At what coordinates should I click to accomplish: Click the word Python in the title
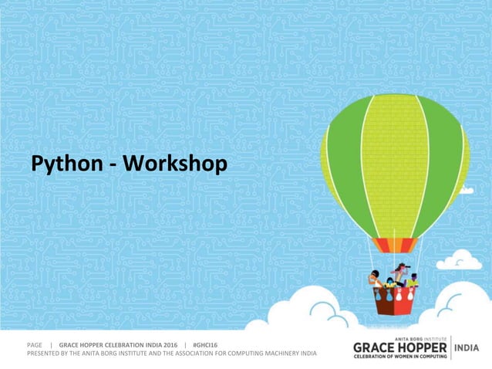(x=66, y=164)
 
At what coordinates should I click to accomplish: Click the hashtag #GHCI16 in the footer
(x=206, y=344)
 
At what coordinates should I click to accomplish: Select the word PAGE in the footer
(x=35, y=344)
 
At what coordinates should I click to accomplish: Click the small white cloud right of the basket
(x=460, y=261)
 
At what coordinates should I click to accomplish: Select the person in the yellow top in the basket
(x=413, y=281)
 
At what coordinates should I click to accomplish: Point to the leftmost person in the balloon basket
(x=375, y=279)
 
